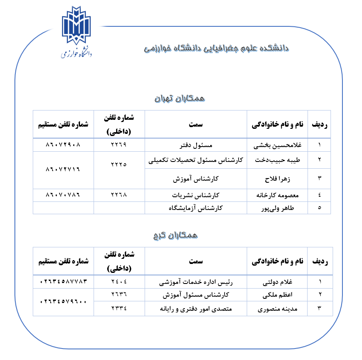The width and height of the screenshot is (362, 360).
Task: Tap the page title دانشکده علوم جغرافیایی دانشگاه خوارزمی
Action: point(217,48)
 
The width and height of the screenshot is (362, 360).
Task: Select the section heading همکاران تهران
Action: point(179,98)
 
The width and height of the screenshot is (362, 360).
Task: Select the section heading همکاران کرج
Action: point(175,235)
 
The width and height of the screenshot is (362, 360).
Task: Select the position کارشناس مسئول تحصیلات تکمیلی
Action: point(196,160)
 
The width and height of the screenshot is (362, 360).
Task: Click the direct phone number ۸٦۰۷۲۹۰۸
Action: point(63,145)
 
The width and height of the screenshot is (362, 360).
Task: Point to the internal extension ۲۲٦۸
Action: point(119,195)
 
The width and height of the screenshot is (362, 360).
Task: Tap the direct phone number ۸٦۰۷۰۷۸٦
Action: point(63,195)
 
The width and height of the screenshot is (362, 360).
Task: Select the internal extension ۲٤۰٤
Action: point(119,281)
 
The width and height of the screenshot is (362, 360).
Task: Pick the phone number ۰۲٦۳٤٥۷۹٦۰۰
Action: point(63,301)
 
